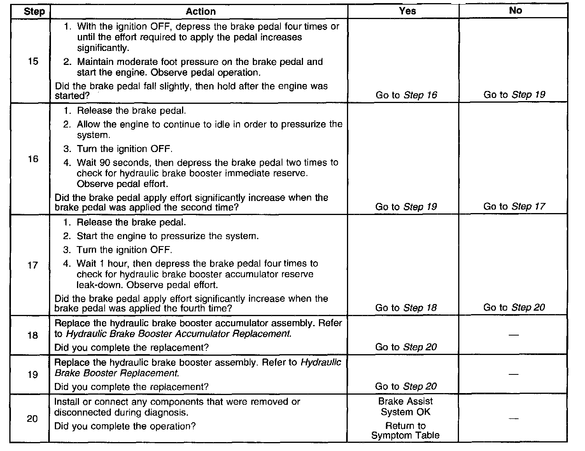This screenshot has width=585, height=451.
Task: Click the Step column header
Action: (34, 12)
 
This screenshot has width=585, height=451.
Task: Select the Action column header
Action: (200, 12)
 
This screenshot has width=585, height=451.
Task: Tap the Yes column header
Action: (407, 11)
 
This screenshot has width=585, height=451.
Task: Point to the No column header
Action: (515, 11)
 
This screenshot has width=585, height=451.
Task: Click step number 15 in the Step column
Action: (33, 61)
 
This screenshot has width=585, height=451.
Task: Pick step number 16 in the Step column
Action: (33, 159)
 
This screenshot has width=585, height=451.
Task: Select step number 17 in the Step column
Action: (33, 265)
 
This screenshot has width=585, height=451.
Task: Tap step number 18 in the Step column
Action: (33, 335)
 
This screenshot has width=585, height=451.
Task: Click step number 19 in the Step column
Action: (33, 374)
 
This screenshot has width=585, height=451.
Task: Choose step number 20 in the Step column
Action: (32, 419)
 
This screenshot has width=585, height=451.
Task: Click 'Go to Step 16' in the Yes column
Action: (406, 95)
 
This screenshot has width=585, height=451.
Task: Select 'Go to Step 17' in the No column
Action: (514, 206)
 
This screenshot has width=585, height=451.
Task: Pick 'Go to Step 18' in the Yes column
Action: (406, 308)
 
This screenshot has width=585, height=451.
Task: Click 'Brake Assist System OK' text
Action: (406, 407)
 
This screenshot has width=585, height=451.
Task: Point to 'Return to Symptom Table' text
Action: (405, 431)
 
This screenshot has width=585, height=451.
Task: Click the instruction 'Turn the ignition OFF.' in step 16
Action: (124, 149)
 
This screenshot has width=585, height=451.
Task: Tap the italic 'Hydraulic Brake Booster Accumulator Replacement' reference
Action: (178, 334)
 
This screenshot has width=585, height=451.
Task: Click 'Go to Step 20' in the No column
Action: (514, 308)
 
